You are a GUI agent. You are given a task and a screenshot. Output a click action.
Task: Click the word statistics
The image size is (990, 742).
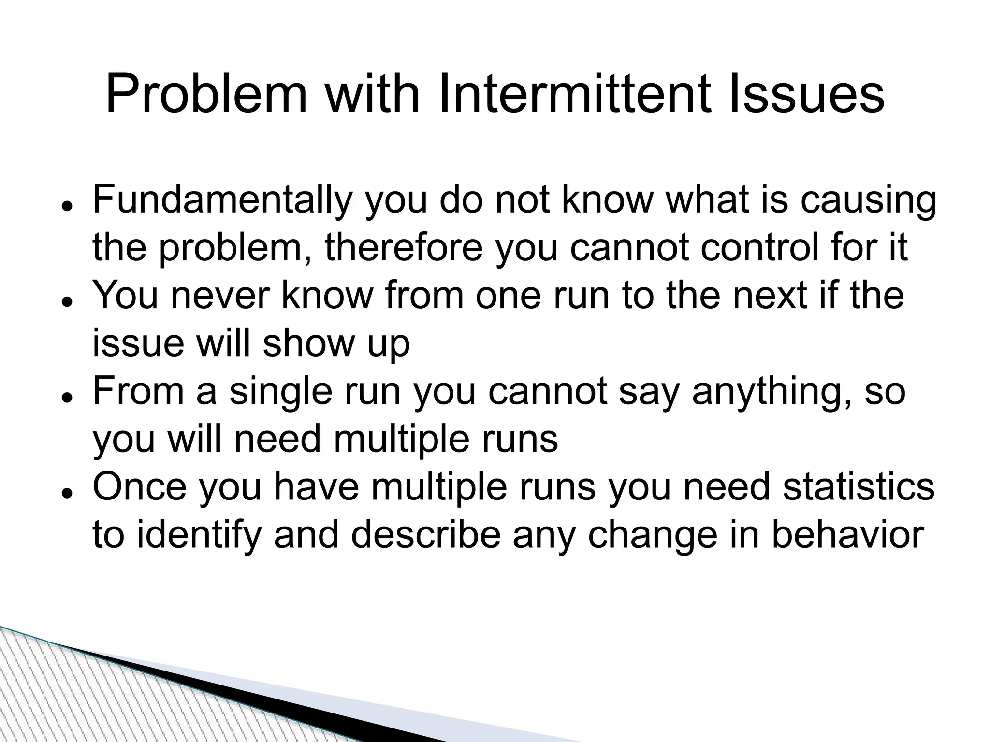859,487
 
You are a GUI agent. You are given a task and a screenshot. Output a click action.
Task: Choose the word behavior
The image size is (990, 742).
848,535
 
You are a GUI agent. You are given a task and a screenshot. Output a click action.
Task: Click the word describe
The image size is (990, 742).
425,535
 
